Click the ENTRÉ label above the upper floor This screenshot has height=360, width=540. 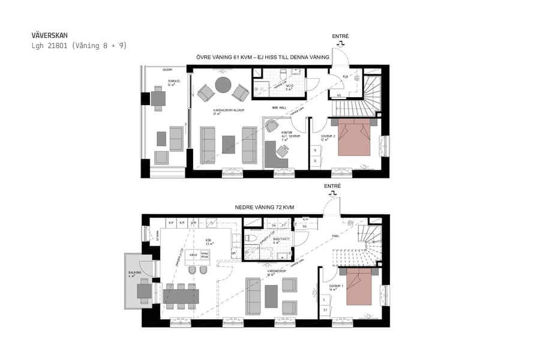pos(340,37)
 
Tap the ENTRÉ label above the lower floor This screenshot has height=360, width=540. pos(332,187)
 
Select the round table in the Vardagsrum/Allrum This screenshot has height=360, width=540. pos(223,85)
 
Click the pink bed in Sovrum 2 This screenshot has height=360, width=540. pos(354,137)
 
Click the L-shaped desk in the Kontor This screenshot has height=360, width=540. pos(277,154)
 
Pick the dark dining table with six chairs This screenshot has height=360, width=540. pos(181,295)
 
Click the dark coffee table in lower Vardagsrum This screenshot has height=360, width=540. pos(271,296)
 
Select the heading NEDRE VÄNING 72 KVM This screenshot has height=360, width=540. pos(264,207)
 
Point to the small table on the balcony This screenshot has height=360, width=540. pos(144,292)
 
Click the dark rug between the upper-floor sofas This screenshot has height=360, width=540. pos(229,144)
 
